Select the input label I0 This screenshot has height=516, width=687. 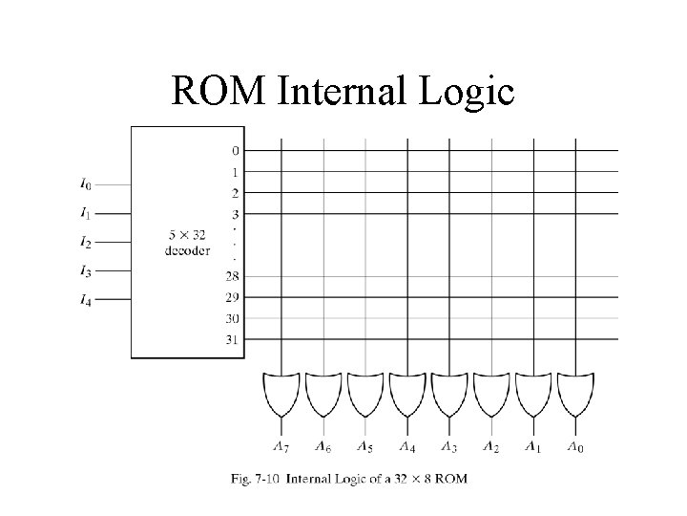[x=86, y=183]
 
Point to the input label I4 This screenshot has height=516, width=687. [x=86, y=300]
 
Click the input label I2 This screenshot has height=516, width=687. [x=86, y=242]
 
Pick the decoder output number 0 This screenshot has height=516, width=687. [x=235, y=150]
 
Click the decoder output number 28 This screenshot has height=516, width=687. [x=233, y=276]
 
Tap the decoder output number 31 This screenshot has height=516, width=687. [x=233, y=339]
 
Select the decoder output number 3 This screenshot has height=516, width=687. [x=235, y=214]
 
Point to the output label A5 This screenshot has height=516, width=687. [x=364, y=446]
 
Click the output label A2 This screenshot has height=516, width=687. [x=490, y=446]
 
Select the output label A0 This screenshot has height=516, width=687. [x=574, y=446]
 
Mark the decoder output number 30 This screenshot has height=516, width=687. [x=233, y=318]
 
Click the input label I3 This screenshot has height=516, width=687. [x=86, y=270]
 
